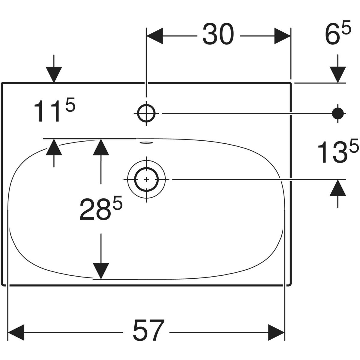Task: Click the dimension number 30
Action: [218, 35]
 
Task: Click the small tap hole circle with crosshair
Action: [146, 113]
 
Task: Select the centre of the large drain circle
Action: [146, 179]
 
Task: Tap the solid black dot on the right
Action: [338, 113]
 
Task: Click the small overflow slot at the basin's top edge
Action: [146, 143]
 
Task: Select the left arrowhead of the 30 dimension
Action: [154, 36]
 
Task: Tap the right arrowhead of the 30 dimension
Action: [283, 36]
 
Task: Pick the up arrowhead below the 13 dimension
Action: [338, 188]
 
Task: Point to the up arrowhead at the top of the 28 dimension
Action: [101, 147]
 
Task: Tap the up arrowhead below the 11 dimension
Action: [54, 147]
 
